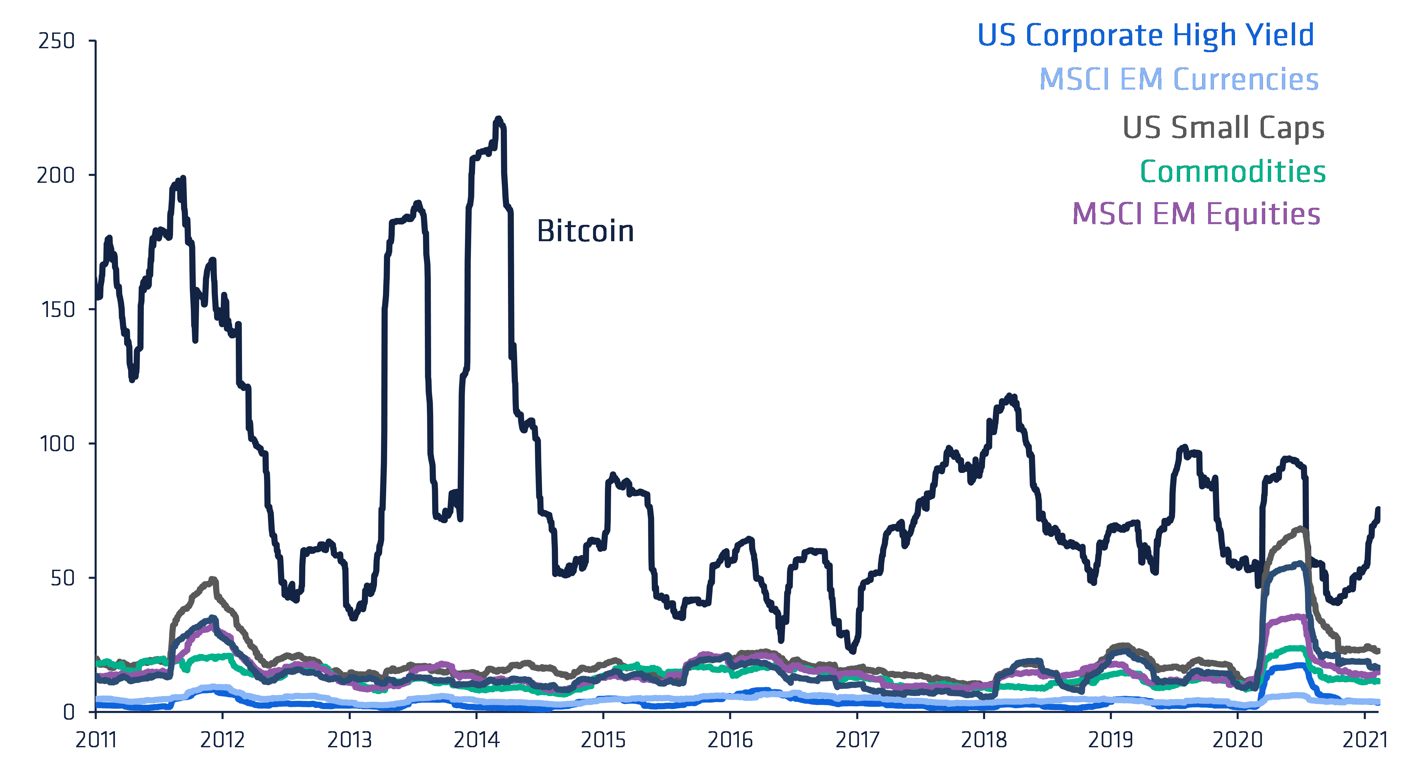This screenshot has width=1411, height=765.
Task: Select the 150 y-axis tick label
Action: point(57,309)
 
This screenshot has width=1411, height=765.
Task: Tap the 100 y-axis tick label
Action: point(57,444)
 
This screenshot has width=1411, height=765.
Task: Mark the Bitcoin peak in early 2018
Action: point(1009,396)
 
